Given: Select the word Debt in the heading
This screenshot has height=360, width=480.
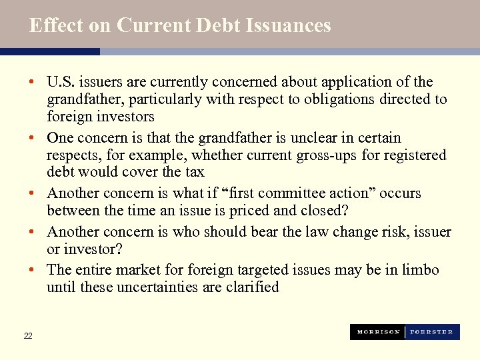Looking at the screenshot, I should tap(217, 25).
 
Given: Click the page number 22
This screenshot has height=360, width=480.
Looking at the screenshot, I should tap(27, 336).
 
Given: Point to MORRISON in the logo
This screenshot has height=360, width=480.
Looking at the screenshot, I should tap(377, 332).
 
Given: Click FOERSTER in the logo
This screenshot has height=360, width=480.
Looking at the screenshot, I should tap(431, 332).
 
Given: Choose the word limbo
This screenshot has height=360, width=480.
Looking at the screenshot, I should tap(421, 270).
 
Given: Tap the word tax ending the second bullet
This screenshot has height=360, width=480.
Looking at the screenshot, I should tap(194, 172).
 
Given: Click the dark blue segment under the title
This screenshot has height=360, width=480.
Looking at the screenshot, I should tap(50, 51).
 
